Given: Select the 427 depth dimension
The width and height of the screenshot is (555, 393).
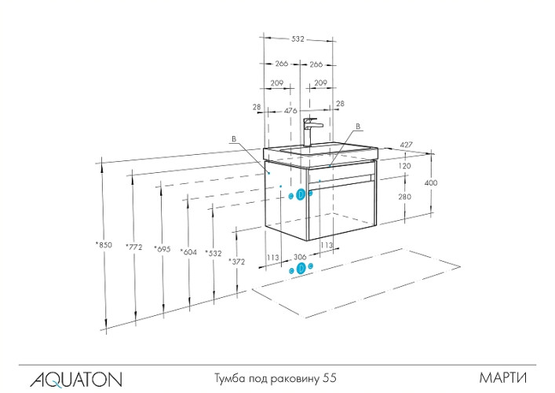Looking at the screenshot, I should (x=407, y=144).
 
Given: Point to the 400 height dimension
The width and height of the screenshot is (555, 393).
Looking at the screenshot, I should (x=431, y=182).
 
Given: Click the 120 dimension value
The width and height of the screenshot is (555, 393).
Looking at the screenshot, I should (x=405, y=167).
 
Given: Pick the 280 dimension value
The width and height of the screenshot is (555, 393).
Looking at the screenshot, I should (x=405, y=197).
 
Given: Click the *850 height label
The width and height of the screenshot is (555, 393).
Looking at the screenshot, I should (x=103, y=245).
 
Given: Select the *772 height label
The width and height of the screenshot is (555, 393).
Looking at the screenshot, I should (x=135, y=248).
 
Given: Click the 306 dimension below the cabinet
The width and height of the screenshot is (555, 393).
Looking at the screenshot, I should (x=299, y=256).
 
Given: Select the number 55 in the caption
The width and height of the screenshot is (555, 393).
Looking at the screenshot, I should (x=330, y=378).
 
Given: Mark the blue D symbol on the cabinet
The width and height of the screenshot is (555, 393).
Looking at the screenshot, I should (x=301, y=194).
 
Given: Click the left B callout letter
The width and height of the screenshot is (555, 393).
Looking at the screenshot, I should (x=233, y=139).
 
